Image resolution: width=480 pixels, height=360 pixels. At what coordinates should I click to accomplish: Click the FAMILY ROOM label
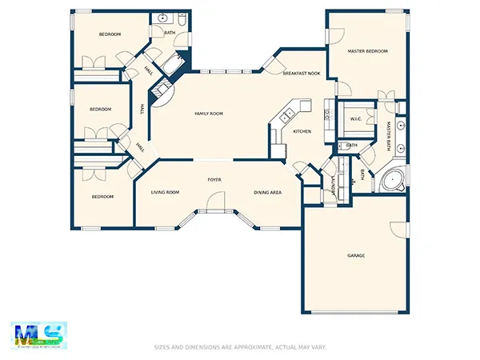coord(209,114)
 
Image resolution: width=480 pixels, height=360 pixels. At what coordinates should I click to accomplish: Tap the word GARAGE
coord(356,255)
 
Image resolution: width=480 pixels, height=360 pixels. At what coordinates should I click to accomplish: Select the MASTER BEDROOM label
coord(367,51)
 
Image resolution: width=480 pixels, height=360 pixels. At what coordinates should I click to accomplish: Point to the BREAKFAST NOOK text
coord(302,74)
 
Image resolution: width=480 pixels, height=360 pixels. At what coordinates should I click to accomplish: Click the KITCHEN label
coord(302,131)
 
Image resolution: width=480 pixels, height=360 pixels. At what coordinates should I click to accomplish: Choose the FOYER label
coord(214,180)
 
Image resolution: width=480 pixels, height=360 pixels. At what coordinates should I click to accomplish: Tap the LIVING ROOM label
coord(166,192)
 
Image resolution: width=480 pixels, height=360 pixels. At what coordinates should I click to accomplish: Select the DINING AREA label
coord(266,192)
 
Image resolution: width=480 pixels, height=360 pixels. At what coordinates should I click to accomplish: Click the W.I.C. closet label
coord(356,119)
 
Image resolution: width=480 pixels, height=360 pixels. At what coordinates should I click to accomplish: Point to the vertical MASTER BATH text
coord(388,136)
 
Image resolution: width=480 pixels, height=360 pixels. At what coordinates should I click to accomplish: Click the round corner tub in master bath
coord(391,181)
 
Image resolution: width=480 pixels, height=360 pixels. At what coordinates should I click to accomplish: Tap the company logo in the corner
coord(39,335)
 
